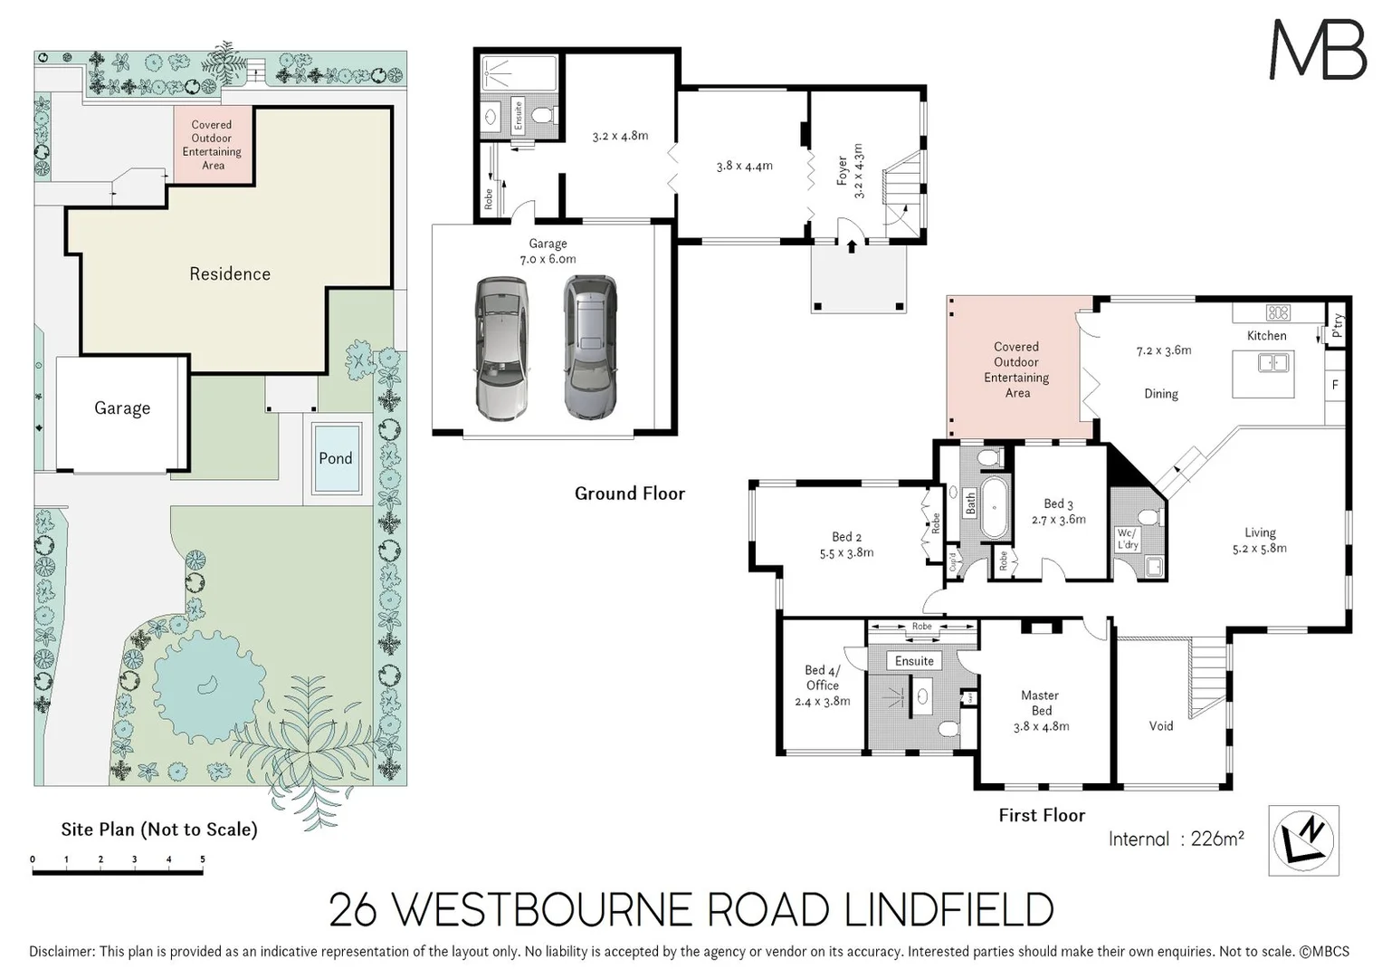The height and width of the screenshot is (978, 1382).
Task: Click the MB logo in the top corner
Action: pyautogui.click(x=1317, y=50)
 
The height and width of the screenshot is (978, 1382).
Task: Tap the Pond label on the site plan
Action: pyautogui.click(x=335, y=458)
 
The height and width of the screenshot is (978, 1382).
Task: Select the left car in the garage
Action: pyautogui.click(x=500, y=349)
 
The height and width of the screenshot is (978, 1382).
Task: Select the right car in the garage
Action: pyautogui.click(x=590, y=347)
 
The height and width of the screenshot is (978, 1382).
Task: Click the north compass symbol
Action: pyautogui.click(x=1303, y=840)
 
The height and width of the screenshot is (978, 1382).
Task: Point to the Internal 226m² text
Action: pyautogui.click(x=1176, y=839)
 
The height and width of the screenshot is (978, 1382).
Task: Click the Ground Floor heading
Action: pyautogui.click(x=629, y=494)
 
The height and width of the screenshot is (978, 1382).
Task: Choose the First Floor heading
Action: pyautogui.click(x=1041, y=815)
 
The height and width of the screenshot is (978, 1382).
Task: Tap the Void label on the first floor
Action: pyautogui.click(x=1160, y=726)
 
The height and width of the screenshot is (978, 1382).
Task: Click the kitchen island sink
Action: pyautogui.click(x=1273, y=363)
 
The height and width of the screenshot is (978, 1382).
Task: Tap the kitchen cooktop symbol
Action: pyautogui.click(x=1278, y=313)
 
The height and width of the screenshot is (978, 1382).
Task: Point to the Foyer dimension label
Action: pyautogui.click(x=849, y=171)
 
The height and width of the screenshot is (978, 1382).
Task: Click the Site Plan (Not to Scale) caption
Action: pyautogui.click(x=159, y=829)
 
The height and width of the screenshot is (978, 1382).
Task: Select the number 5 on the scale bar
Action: pyautogui.click(x=202, y=859)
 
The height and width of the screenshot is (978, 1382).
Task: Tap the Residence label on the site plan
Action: pyautogui.click(x=229, y=274)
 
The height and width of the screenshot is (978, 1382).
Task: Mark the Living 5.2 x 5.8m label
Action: pyautogui.click(x=1259, y=541)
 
